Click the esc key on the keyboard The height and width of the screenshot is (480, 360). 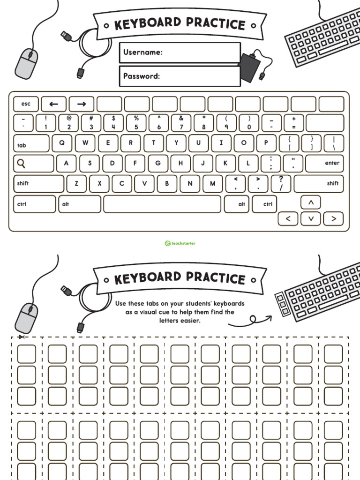(26, 104)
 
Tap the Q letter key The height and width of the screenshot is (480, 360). (62, 143)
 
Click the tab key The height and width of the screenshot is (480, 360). (31, 144)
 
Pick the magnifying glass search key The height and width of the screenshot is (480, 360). (33, 164)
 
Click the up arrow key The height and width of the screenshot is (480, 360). (310, 202)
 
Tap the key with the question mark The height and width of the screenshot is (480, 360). (281, 183)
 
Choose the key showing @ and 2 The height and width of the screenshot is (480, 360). (69, 123)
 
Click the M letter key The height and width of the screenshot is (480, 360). (212, 183)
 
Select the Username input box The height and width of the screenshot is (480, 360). (180, 52)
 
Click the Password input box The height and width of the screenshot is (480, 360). (180, 76)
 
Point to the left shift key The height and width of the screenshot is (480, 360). (38, 183)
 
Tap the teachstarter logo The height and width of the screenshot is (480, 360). (180, 243)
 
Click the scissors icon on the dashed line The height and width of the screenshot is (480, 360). (21, 337)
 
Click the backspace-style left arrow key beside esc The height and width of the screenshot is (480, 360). (53, 104)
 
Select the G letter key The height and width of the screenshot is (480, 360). (158, 164)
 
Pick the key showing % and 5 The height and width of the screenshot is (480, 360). (136, 123)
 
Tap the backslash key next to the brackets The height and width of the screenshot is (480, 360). (333, 143)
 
